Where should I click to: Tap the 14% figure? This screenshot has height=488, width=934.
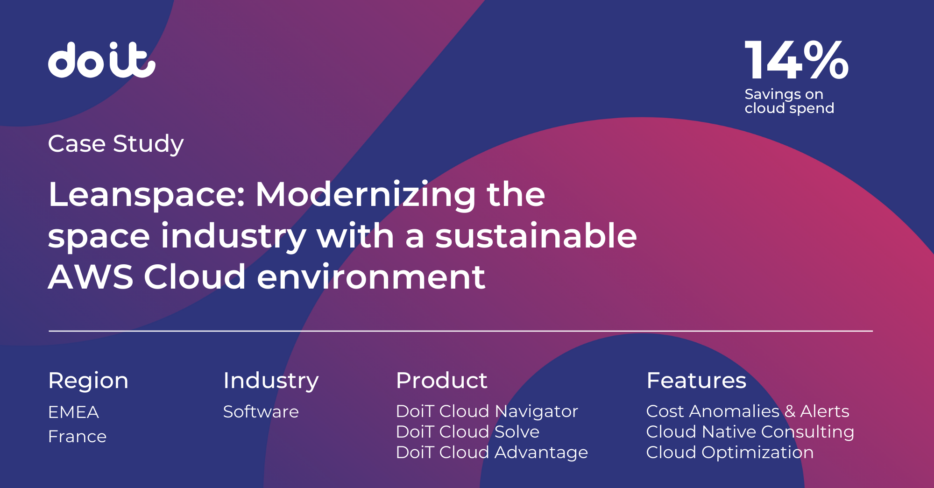pos(796,60)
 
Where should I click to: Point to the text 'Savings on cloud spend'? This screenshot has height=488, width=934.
pos(789,101)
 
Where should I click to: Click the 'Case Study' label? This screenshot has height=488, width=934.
pos(116,144)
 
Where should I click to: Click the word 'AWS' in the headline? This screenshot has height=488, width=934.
pos(91,277)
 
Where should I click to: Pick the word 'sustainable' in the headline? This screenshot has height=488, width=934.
pos(536,235)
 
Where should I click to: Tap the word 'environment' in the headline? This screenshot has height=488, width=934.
pos(371,277)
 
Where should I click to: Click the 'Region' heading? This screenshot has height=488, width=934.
pos(88,381)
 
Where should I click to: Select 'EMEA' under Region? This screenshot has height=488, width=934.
pos(73,412)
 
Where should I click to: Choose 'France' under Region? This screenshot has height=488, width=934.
pos(77,437)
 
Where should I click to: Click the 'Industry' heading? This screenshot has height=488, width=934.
pos(271,381)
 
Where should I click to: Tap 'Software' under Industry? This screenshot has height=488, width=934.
pos(261,412)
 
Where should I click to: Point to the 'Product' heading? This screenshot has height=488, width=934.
pos(441,381)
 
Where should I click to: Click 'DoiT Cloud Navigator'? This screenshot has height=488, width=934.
pos(487,411)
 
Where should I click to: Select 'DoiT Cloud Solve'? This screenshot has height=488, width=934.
pos(467,432)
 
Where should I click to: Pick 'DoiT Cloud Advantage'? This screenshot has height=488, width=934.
pos(492,453)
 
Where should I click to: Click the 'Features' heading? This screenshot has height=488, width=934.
pos(696,381)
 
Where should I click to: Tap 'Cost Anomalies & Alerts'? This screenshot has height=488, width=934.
pos(748,411)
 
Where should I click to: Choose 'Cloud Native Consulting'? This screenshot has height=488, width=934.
pos(750,432)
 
